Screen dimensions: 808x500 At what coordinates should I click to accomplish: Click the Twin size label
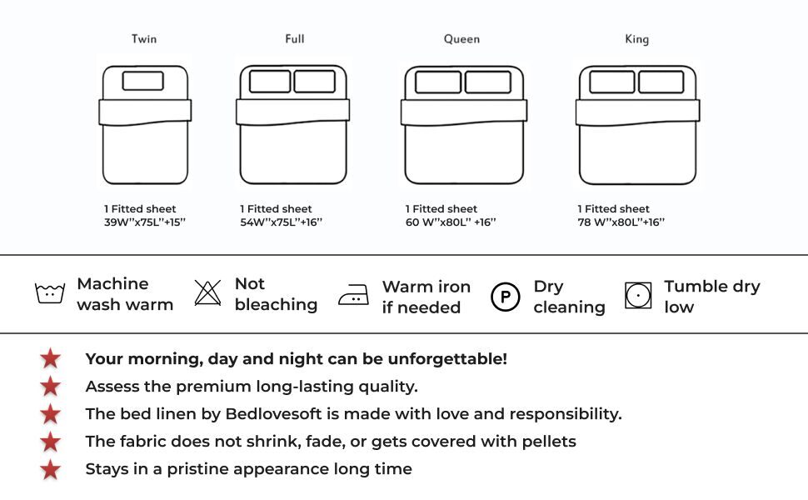tap(144, 38)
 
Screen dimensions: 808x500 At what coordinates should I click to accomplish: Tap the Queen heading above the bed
tap(461, 39)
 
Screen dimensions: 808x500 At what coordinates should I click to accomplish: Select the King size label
tap(637, 39)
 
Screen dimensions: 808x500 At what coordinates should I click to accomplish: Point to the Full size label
tap(295, 38)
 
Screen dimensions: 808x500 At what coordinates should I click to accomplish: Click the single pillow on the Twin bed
tap(142, 81)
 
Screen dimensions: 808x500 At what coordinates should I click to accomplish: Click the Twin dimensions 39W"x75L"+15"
tap(145, 222)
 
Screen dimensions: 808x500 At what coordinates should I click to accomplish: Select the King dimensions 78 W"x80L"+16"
tap(621, 222)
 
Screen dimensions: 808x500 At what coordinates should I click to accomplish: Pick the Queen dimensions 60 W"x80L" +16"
tap(451, 222)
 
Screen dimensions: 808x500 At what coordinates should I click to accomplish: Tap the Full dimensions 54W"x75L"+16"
tap(281, 222)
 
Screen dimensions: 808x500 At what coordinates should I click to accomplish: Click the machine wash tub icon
tap(50, 293)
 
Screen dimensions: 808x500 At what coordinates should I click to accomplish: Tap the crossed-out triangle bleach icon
tap(207, 292)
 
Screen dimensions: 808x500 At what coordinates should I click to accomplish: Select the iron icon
tap(353, 295)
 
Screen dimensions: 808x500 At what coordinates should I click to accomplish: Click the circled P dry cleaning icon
tap(505, 297)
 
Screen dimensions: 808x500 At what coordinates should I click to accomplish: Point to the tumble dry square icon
tap(638, 295)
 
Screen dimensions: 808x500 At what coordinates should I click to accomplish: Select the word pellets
tap(549, 442)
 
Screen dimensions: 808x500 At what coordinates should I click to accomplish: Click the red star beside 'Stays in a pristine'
tap(51, 470)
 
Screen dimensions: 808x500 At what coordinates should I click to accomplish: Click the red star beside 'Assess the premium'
tap(51, 387)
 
